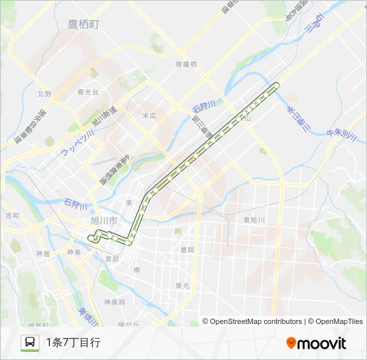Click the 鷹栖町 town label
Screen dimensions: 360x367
coord(83,25)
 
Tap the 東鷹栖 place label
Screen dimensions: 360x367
coord(186,64)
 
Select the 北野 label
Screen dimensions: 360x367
coord(45,94)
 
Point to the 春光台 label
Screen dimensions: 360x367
coord(87,92)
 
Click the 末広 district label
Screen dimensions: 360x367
coord(149,115)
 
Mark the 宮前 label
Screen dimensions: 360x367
coord(111,259)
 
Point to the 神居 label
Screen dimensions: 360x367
coord(43,253)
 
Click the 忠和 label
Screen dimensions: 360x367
coord(13,215)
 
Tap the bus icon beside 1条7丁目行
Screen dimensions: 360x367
coord(30,343)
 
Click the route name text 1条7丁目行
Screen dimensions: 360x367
coord(73,343)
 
